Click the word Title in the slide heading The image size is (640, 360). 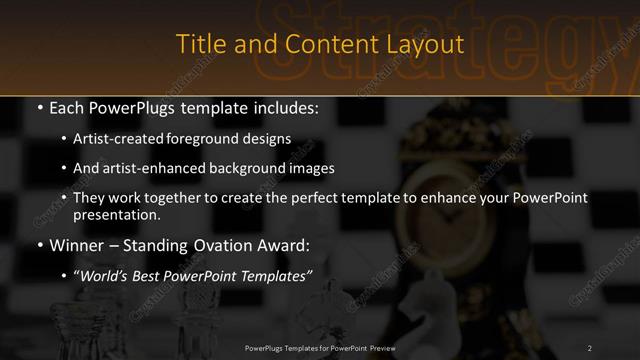[198, 45]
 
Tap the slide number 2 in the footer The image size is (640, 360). [590, 347]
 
